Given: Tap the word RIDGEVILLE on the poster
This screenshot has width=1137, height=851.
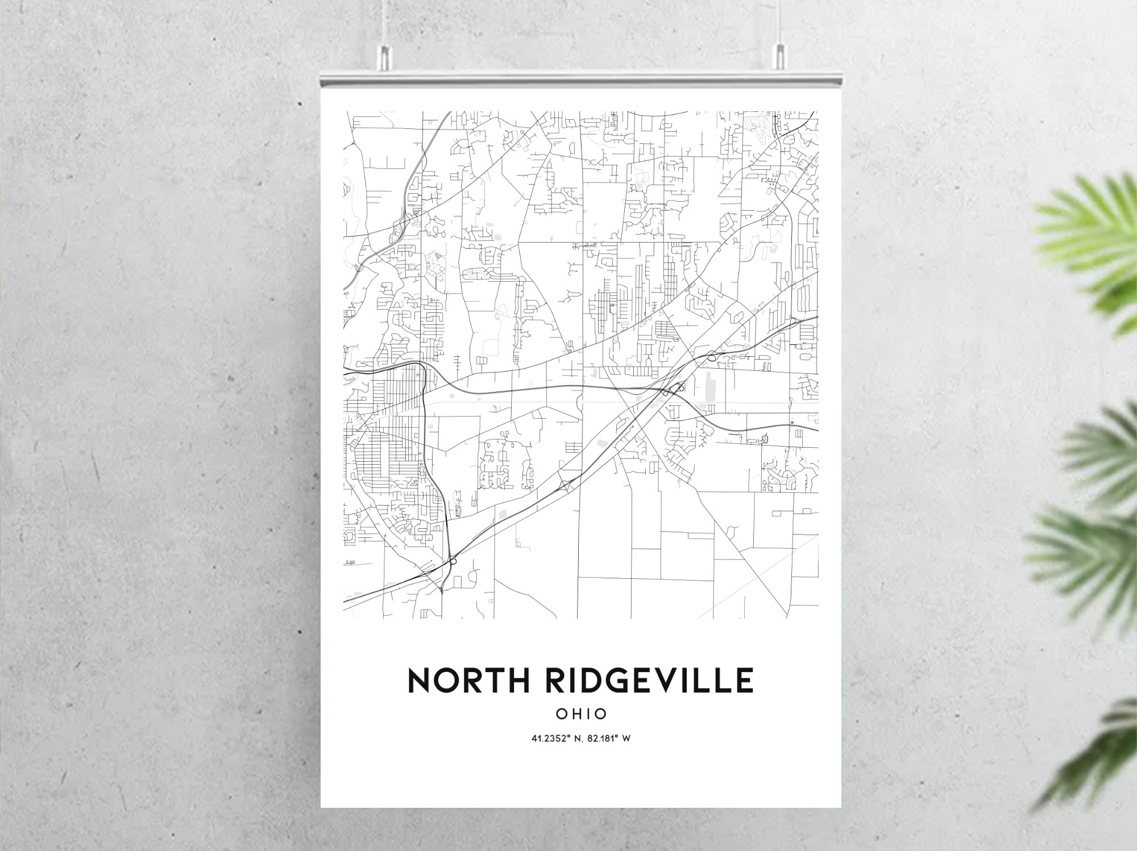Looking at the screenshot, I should [649, 681].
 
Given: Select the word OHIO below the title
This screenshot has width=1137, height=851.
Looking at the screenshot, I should [581, 714].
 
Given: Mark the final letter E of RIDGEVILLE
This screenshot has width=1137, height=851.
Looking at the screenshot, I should [744, 681].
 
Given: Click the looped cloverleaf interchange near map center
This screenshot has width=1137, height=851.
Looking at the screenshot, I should [677, 389].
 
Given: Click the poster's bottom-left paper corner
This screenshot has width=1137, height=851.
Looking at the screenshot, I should [322, 806].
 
